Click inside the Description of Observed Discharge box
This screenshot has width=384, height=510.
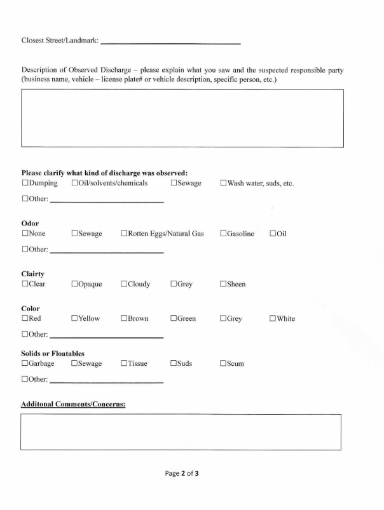click(182, 118)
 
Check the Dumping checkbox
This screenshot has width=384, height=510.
click(25, 184)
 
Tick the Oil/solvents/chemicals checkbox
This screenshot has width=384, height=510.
click(75, 184)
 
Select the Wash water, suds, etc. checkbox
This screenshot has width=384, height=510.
click(224, 184)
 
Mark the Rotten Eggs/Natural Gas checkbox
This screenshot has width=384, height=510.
click(125, 234)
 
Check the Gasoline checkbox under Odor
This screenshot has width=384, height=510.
click(224, 234)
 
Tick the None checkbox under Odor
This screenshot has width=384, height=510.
click(25, 234)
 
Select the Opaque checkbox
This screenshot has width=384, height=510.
click(75, 284)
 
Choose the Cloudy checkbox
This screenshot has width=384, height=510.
click(125, 284)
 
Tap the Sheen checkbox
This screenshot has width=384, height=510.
click(224, 284)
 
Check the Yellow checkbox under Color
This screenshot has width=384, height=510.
click(75, 319)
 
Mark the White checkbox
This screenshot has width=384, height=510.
click(273, 319)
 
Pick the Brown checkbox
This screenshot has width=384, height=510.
click(125, 319)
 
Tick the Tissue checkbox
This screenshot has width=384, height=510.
click(125, 364)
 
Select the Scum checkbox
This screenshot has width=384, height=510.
click(224, 364)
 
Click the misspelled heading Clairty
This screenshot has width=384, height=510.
click(32, 274)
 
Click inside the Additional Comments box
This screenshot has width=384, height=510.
click(181, 432)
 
